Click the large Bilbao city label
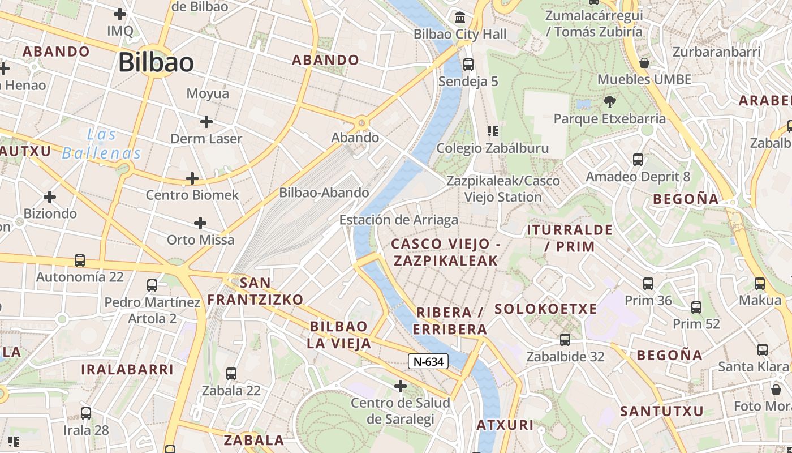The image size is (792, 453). pos(156,62)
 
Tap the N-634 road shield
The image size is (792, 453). pos(428,361)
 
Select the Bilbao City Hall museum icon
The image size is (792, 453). pos(460,16)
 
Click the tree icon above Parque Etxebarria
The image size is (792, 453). pos(609,102)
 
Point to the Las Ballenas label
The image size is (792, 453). pos(102,144)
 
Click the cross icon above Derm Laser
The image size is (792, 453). pos(206,122)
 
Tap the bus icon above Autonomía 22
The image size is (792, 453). pos(80,260)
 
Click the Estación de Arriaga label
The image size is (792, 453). pos(399,220)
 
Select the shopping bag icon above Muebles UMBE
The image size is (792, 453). pos(644,62)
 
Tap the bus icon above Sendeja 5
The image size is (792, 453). pos(468,65)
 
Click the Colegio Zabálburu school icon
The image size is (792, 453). pos(492,131)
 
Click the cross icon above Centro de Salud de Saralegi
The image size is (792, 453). pos(401,386)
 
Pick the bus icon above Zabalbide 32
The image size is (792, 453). pos(565,340)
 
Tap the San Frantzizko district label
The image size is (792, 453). pos(256,291)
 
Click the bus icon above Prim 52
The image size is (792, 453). pos(696,307)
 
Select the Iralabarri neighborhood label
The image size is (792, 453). pos(127,370)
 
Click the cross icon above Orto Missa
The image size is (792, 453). pos(200,223)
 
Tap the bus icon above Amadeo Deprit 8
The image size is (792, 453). pos(638,160)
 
